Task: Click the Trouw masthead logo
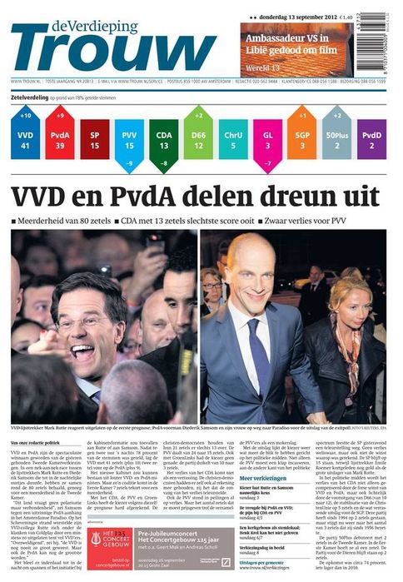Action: coord(109,47)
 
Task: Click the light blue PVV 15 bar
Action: coord(129,139)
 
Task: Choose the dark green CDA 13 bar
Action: coord(164,139)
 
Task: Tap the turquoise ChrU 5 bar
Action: coord(233,139)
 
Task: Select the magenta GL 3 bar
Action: coord(268,139)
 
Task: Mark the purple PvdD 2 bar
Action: coord(371,139)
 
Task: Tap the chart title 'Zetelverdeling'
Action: coord(29,98)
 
